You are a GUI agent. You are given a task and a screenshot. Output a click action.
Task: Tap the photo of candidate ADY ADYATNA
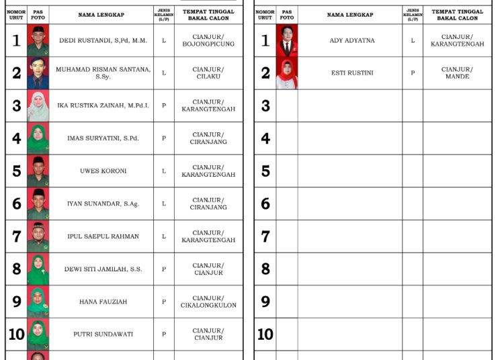point(287,40)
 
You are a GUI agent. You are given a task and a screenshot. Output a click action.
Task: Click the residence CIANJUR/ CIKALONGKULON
point(208,302)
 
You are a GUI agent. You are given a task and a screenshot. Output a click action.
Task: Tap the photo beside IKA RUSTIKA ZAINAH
point(38,106)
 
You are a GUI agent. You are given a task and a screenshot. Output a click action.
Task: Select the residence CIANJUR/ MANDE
point(457,73)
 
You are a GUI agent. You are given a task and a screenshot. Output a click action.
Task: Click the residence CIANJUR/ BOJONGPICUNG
point(208,40)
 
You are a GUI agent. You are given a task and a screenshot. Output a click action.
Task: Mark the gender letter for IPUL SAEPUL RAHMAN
point(164,236)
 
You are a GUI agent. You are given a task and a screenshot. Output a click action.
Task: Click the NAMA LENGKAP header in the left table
point(101,15)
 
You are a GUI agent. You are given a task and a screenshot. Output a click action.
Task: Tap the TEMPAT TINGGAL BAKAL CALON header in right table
point(457,15)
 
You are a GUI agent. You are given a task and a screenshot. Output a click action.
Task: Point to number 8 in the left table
point(17,269)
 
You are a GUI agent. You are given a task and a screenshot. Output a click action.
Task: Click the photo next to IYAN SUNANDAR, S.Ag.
point(38,204)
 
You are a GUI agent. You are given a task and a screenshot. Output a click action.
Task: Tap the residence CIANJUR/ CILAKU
point(208,73)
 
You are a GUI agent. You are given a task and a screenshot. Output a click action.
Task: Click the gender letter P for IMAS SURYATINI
point(164,138)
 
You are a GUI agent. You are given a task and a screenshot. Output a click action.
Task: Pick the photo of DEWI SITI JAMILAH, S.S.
point(38,269)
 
